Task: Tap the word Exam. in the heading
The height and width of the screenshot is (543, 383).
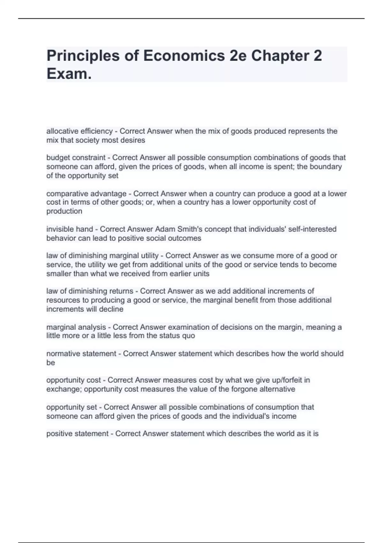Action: click(x=69, y=74)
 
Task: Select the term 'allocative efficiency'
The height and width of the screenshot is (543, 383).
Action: click(x=79, y=131)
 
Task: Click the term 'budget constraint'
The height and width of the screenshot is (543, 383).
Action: click(x=76, y=157)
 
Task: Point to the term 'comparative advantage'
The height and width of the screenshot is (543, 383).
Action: click(x=86, y=194)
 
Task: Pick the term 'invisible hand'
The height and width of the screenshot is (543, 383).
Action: click(x=70, y=229)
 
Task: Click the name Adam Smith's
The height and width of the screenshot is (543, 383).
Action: click(x=177, y=229)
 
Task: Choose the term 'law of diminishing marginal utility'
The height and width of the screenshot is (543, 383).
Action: click(x=102, y=256)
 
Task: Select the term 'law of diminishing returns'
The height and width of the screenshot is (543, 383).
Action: click(x=90, y=291)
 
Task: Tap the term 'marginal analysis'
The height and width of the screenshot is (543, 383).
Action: click(x=76, y=327)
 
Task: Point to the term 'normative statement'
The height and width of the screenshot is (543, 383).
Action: click(x=81, y=354)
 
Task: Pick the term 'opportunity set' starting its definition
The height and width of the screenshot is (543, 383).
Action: click(x=71, y=407)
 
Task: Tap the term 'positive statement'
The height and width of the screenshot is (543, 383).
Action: click(x=77, y=434)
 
